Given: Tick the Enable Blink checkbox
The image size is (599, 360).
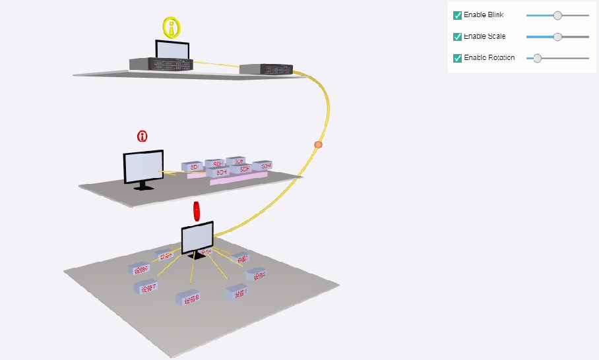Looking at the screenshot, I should click(457, 15).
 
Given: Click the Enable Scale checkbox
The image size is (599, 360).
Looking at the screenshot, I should click(457, 37).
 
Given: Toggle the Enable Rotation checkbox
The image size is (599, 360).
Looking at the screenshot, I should click(457, 58).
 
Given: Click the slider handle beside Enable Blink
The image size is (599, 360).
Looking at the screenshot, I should click(557, 15).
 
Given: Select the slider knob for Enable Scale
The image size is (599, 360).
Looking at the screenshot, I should click(557, 37).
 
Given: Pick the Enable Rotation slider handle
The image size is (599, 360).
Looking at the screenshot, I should click(537, 58).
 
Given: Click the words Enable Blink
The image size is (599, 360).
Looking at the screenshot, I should click(484, 15).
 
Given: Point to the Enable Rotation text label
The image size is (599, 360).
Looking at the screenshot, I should click(489, 58).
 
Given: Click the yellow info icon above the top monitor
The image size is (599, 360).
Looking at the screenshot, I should click(172, 28).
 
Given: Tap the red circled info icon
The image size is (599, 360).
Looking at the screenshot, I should click(142, 136).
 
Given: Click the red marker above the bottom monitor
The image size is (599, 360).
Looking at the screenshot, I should click(196, 210).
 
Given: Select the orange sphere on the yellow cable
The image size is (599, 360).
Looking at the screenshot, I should click(319, 144).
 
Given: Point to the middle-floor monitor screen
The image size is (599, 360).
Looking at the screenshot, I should click(143, 167).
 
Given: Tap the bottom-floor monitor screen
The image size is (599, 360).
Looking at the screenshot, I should click(197, 237).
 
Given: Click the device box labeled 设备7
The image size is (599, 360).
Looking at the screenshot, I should click(145, 287).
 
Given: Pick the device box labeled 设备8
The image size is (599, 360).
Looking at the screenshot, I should click(187, 297).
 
